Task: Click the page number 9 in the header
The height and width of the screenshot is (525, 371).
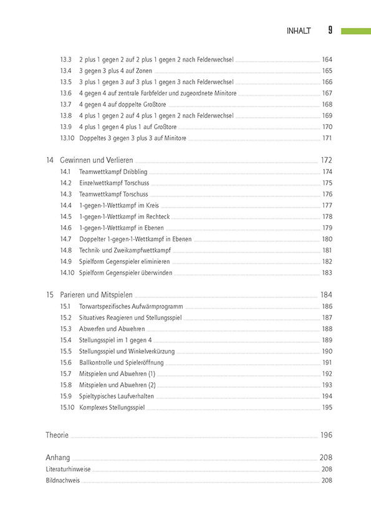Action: click(330, 30)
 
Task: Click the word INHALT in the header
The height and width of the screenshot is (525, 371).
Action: click(298, 31)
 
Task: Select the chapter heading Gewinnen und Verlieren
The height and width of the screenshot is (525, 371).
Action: click(97, 160)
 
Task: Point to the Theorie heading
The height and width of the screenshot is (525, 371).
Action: click(57, 435)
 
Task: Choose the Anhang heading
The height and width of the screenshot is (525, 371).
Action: click(58, 457)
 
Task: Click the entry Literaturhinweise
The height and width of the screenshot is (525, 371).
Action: click(68, 469)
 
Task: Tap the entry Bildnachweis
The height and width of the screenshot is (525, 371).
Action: click(62, 481)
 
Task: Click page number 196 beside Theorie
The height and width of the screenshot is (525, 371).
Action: click(326, 435)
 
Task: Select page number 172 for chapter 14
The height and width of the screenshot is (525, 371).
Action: click(326, 160)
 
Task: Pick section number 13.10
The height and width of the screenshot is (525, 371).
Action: click(67, 138)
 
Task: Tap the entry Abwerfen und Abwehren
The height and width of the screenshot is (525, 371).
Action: click(112, 329)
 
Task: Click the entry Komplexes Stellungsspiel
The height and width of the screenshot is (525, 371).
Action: click(112, 407)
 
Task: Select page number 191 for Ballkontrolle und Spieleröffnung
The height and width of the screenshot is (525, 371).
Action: click(327, 362)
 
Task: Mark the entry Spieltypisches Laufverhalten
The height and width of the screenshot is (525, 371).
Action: click(116, 396)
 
